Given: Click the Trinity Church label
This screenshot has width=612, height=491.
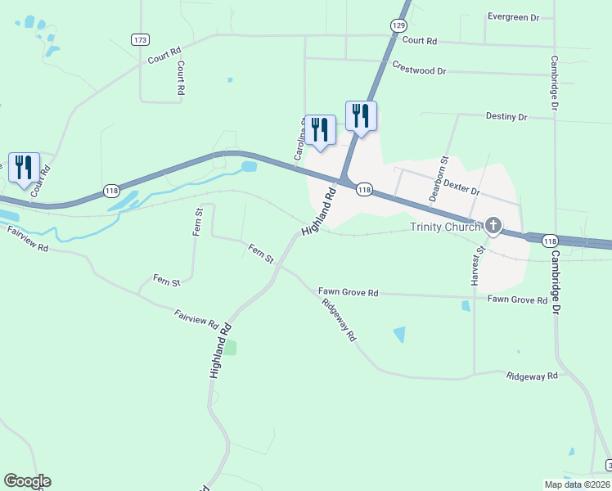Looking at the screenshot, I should pyautogui.click(x=446, y=227).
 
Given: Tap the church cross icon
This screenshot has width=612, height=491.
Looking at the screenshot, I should pyautogui.click(x=493, y=225).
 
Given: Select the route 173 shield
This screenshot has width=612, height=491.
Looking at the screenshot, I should pyautogui.click(x=140, y=39).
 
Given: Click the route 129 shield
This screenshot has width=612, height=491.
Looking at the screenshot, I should pyautogui.click(x=398, y=26).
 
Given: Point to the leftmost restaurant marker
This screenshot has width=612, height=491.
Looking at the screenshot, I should pyautogui.click(x=23, y=168).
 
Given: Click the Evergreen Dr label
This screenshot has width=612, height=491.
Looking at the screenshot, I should pyautogui.click(x=513, y=16).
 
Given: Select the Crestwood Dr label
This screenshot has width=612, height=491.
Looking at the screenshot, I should pyautogui.click(x=419, y=68).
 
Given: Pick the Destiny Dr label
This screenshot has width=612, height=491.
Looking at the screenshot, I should pyautogui.click(x=506, y=117).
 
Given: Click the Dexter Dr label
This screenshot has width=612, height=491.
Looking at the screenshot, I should pyautogui.click(x=462, y=188).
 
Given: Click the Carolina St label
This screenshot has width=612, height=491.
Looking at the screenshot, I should pyautogui.click(x=299, y=139).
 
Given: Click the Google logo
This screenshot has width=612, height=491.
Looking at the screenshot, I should pyautogui.click(x=27, y=481).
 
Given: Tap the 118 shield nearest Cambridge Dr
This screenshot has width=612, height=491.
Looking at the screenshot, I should pyautogui.click(x=551, y=241).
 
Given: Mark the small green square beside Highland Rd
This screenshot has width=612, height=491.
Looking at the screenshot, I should pyautogui.click(x=230, y=348).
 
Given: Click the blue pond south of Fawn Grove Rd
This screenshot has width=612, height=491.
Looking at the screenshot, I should pyautogui.click(x=399, y=334).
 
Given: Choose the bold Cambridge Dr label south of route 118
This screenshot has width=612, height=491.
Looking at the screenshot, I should pyautogui.click(x=555, y=283).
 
